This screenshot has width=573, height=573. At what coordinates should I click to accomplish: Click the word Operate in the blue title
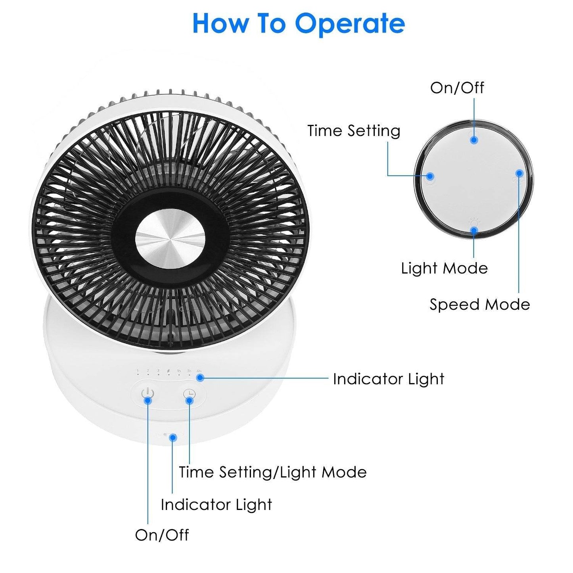349,24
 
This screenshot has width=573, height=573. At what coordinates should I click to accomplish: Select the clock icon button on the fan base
190,393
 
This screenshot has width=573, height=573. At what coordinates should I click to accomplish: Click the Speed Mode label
479,305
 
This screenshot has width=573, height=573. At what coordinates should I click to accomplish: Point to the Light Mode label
444,268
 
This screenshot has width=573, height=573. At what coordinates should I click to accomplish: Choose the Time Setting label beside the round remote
354,131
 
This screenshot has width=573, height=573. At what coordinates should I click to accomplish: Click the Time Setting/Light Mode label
272,472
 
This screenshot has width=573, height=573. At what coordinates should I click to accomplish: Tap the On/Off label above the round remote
457,88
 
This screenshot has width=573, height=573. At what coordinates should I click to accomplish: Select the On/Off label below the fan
162,535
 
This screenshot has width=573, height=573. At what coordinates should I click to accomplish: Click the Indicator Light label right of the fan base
388,379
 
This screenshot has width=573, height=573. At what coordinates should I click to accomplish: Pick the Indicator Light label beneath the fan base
216,505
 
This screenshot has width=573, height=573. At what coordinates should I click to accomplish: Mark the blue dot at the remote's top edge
474,140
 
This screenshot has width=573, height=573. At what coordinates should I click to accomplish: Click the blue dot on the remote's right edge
519,173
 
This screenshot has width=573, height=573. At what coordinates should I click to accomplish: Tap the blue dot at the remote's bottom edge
474,230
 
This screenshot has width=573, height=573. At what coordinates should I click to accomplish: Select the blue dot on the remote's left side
431,176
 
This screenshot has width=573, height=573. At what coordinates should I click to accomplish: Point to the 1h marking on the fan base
179,371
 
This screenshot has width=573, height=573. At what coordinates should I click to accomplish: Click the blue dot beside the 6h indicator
200,378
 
